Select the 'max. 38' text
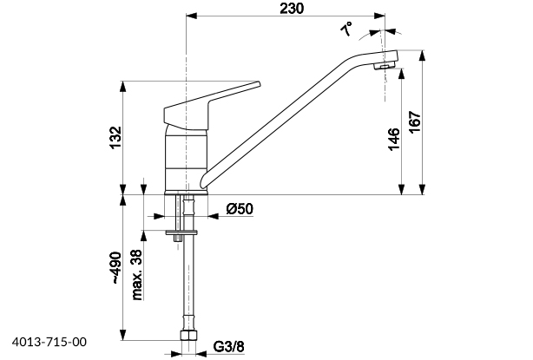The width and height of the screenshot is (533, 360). (136, 275)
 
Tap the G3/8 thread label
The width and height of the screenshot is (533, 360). (227, 348)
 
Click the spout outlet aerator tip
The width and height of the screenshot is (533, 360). (385, 67)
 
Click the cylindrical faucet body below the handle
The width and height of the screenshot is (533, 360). (188, 156)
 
